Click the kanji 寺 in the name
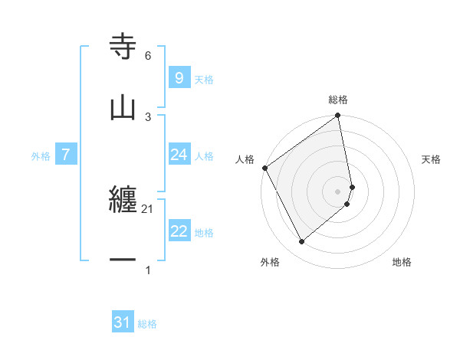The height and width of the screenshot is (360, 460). click(x=123, y=47)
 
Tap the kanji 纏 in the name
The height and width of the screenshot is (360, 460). click(x=123, y=201)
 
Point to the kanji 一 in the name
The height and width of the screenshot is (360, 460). click(x=123, y=260)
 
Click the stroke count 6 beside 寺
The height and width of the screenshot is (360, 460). click(x=148, y=56)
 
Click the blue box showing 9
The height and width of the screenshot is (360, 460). click(x=179, y=77)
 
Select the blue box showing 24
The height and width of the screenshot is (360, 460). click(x=179, y=155)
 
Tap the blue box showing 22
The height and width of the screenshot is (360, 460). click(x=179, y=231)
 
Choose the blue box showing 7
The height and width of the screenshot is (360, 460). click(x=66, y=155)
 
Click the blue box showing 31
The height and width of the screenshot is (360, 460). click(x=123, y=322)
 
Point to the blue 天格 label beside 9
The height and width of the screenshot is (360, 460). click(x=204, y=79)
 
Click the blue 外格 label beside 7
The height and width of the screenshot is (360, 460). click(x=41, y=155)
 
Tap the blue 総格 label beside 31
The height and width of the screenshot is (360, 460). click(x=147, y=324)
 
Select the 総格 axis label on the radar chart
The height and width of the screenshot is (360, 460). click(x=338, y=100)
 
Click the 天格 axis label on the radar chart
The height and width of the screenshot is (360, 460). click(x=431, y=159)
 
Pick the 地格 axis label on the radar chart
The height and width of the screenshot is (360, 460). click(x=402, y=262)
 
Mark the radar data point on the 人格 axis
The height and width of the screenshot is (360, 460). click(x=264, y=168)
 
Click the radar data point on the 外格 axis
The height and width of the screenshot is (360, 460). click(x=301, y=241)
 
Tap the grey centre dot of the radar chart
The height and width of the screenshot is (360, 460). click(x=338, y=191)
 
